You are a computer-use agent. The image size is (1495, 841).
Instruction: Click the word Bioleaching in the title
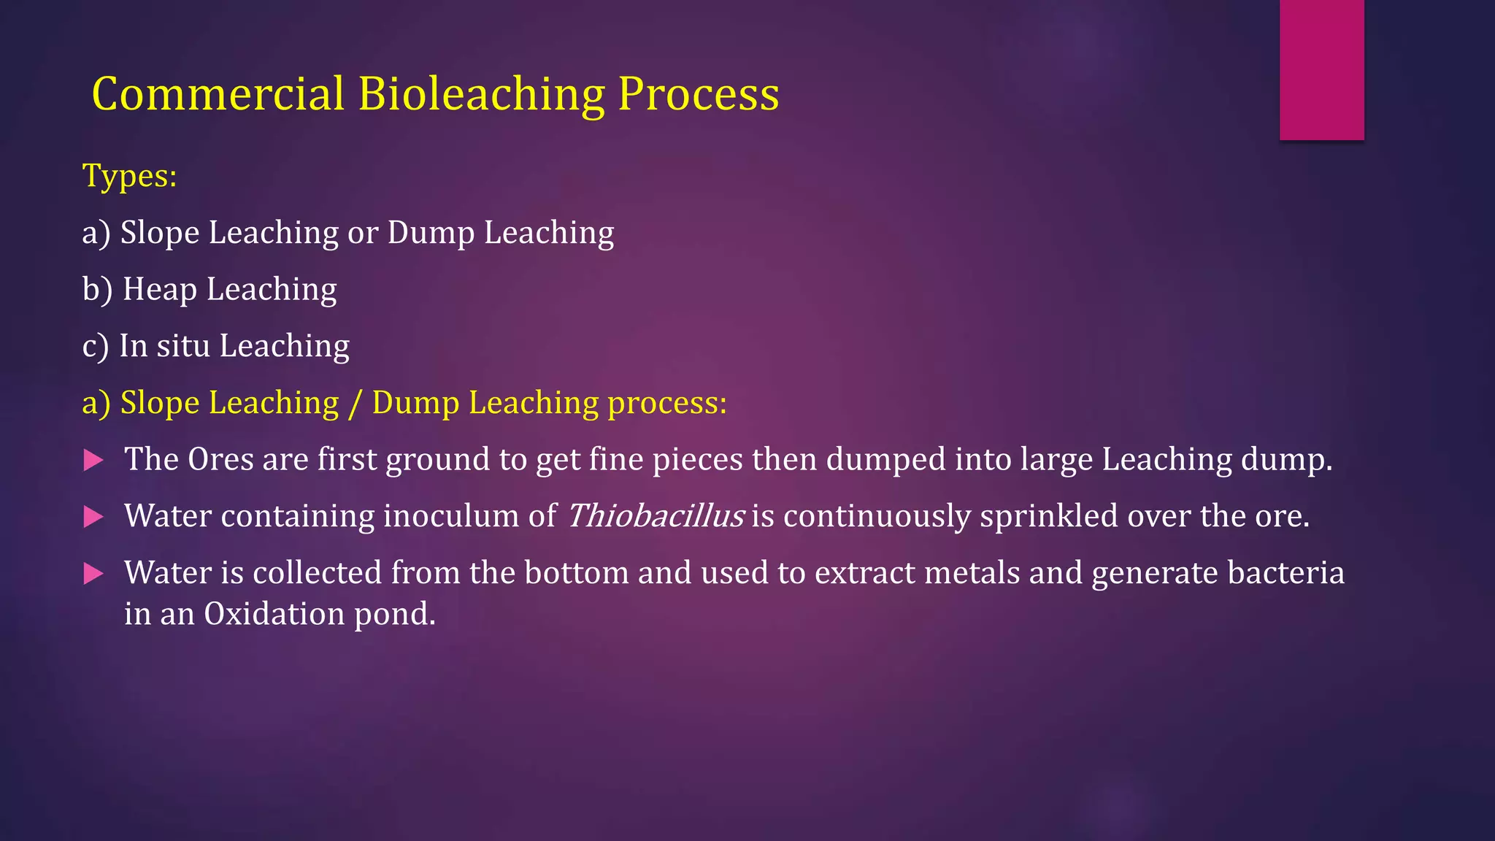481,94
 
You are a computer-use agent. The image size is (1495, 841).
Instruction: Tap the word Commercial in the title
218,94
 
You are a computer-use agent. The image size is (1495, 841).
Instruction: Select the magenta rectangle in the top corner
1321,69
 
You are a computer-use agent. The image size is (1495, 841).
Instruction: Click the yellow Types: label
129,176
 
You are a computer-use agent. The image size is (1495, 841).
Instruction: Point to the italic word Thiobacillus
655,516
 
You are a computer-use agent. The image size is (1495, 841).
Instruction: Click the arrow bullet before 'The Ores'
93,460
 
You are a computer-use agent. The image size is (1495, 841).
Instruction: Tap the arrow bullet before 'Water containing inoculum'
93,517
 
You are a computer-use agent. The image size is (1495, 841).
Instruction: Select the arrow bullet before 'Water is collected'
93,574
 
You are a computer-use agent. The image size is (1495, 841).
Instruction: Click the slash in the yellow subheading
356,403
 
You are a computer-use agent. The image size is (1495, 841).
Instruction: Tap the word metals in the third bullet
972,573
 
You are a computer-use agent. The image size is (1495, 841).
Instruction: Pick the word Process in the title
699,94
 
